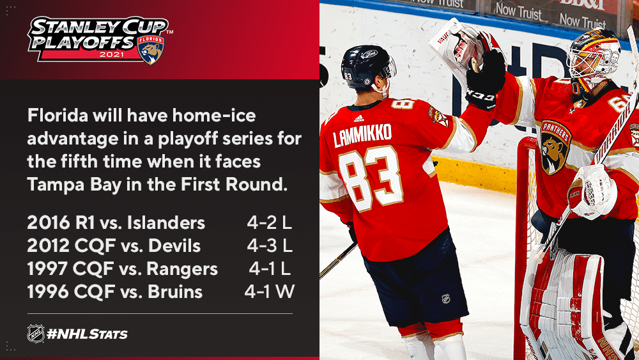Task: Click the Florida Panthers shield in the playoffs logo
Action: pyautogui.click(x=151, y=50)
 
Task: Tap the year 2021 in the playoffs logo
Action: pyautogui.click(x=111, y=54)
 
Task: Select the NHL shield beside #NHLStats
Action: pyautogui.click(x=35, y=334)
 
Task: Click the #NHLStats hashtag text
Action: pyautogui.click(x=87, y=334)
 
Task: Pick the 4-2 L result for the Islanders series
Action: pyautogui.click(x=270, y=223)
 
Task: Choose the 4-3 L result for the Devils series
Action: pyautogui.click(x=270, y=246)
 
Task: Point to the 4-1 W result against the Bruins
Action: pyautogui.click(x=270, y=292)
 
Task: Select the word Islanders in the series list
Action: pyautogui.click(x=166, y=223)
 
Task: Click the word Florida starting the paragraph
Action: pyautogui.click(x=58, y=115)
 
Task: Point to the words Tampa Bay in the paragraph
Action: pyautogui.click(x=74, y=185)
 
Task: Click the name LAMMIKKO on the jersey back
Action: pyautogui.click(x=362, y=135)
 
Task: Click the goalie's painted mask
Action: pyautogui.click(x=594, y=55)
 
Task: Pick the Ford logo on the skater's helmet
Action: pyautogui.click(x=369, y=54)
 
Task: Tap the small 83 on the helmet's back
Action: pyautogui.click(x=348, y=76)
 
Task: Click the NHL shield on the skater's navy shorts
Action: pyautogui.click(x=446, y=299)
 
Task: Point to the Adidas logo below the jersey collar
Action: pyautogui.click(x=358, y=119)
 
